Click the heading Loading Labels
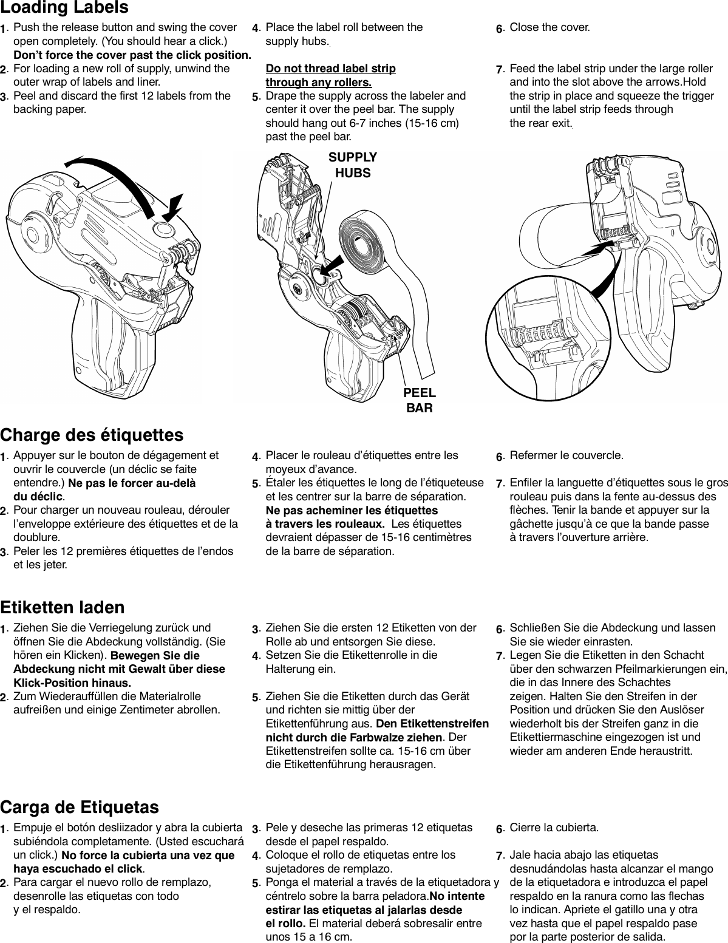pos(64,8)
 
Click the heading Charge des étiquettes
pos(92,435)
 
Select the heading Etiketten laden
pos(63,607)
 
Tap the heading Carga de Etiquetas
pos(80,807)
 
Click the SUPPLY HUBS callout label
pos(353,165)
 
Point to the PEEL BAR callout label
pos(420,400)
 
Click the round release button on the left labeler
pos(163,229)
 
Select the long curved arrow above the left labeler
pos(109,173)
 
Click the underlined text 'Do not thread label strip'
pos(330,68)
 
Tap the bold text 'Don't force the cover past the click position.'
pos(132,55)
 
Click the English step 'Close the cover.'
pos(549,27)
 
